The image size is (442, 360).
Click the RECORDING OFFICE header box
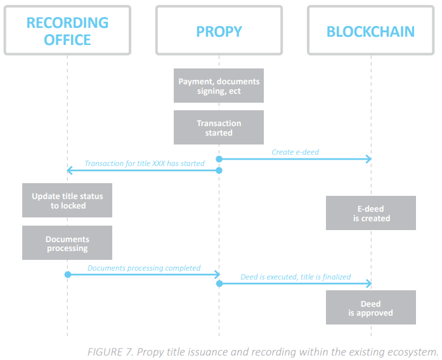click(67, 30)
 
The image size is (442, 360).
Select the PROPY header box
click(219, 30)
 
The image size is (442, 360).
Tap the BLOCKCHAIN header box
click(371, 30)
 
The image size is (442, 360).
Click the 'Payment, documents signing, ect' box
click(219, 86)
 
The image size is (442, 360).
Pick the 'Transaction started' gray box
click(219, 128)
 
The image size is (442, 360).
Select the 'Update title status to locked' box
click(67, 201)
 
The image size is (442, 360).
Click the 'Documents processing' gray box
click(67, 243)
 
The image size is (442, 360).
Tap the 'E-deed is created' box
click(371, 214)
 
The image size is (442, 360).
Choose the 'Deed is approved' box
click(371, 308)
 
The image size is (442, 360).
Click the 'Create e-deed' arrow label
click(296, 152)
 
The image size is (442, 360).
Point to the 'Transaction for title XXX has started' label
click(145, 163)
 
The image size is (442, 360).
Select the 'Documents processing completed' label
click(144, 268)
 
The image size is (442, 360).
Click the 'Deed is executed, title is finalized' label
click(296, 278)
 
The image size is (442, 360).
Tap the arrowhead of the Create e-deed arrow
click(369, 159)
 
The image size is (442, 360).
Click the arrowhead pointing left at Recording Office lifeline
click(70, 170)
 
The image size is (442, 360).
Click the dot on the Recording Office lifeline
click(67, 274)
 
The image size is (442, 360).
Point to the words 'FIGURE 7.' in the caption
click(108, 352)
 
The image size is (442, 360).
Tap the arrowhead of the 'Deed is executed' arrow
click(369, 284)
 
